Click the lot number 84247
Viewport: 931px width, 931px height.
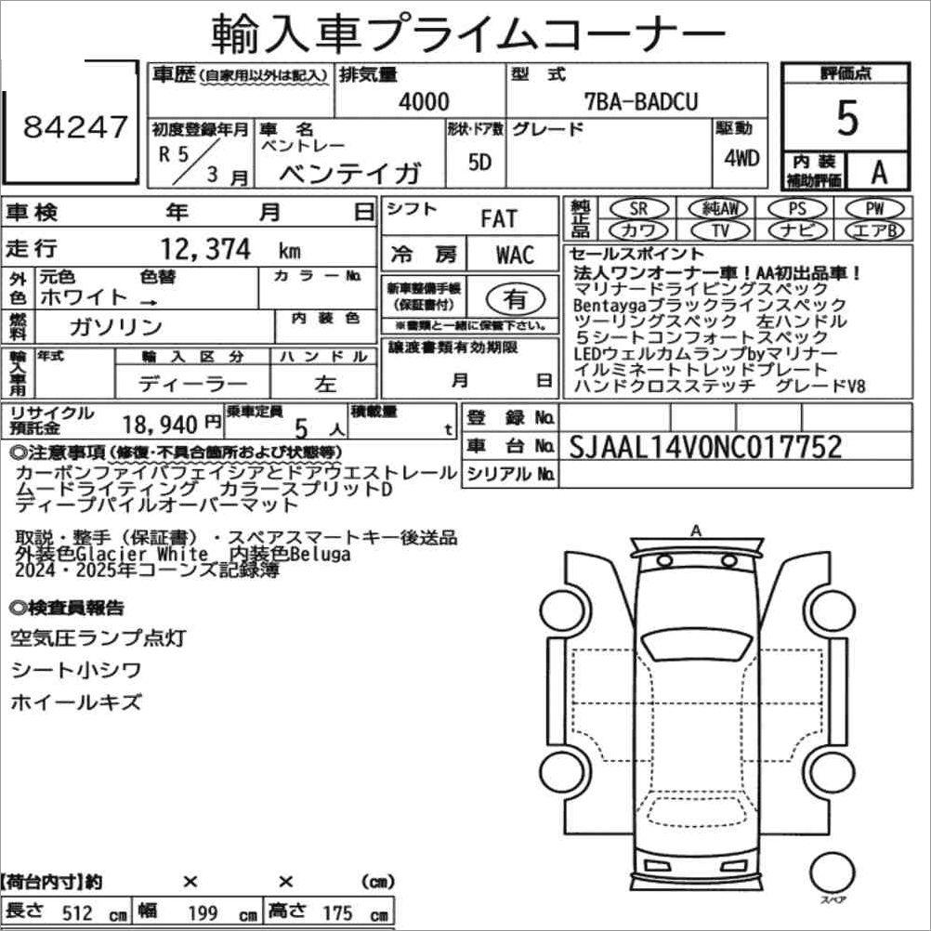[x=75, y=126]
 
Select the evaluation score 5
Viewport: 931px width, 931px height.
[x=847, y=118]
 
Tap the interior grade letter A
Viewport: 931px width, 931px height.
[x=879, y=172]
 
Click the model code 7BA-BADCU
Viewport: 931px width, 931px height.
[x=641, y=102]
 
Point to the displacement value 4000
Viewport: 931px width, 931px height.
[x=424, y=102]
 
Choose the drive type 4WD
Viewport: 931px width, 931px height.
[x=741, y=158]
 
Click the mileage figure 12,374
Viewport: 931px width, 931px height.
[x=205, y=249]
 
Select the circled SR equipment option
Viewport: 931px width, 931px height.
[x=638, y=208]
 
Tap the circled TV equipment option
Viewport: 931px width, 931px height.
[x=720, y=229]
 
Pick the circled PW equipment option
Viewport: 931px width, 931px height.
[x=874, y=208]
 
